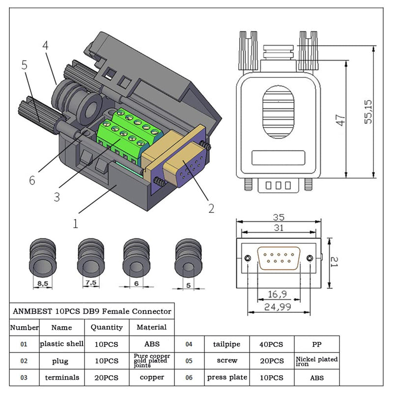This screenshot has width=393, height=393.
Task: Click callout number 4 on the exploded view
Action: click(x=45, y=45)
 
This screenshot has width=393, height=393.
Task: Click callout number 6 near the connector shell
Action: click(x=32, y=180)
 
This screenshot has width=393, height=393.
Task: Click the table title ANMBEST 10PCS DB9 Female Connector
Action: click(x=91, y=311)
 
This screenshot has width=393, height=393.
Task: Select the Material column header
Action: click(x=151, y=327)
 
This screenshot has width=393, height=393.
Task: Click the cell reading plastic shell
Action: click(x=62, y=344)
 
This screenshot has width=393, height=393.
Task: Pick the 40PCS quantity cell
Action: click(x=272, y=344)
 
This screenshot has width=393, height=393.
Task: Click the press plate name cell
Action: click(x=226, y=377)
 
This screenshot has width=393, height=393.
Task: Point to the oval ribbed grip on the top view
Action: click(x=278, y=112)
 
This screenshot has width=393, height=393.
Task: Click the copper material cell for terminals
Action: click(x=151, y=377)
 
